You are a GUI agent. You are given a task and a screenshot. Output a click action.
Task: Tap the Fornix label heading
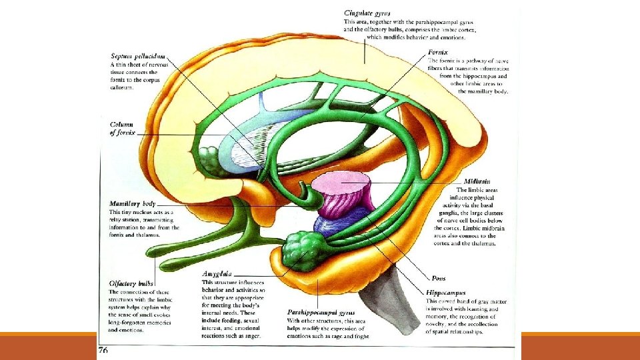(439, 51)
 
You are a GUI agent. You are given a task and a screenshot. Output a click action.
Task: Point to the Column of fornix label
(123, 129)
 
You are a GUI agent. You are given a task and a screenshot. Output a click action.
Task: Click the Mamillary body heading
(132, 203)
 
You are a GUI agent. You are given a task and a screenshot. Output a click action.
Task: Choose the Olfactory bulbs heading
(131, 283)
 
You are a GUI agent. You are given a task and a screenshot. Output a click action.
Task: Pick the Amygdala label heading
(217, 273)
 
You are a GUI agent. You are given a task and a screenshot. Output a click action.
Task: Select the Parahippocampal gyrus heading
(321, 311)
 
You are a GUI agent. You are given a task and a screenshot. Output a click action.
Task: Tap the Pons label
(438, 278)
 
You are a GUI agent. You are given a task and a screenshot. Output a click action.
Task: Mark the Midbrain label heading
(479, 181)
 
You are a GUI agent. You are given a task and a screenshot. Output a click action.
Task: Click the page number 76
(103, 349)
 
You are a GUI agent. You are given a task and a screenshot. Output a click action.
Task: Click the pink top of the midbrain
(343, 179)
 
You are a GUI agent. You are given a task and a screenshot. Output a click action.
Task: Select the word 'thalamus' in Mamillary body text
(168, 235)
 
